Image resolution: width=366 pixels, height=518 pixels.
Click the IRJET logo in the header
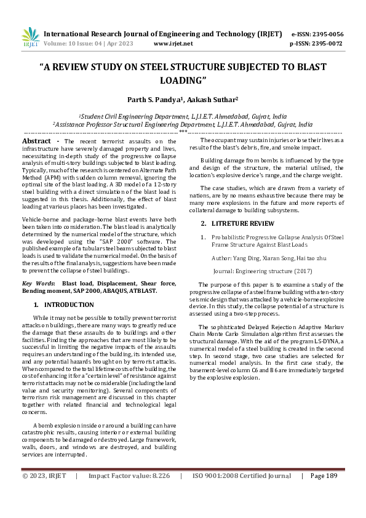coord(30,37)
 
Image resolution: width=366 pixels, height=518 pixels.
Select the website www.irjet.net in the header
coord(173,44)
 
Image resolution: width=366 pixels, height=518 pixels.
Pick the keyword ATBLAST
coord(143,290)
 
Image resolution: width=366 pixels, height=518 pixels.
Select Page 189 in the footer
coord(324,476)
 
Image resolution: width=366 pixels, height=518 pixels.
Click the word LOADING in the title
coord(183,80)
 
